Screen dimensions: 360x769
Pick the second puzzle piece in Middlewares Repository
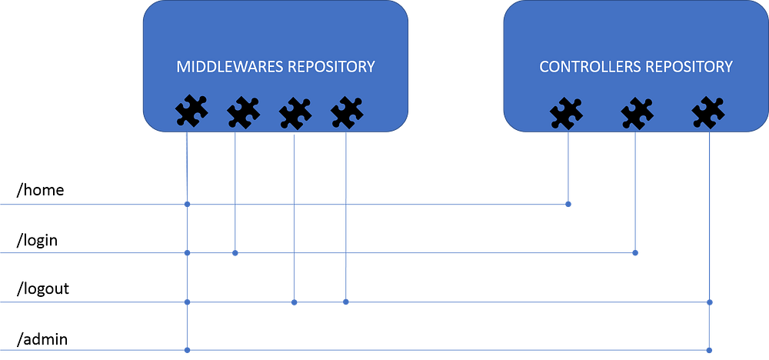click(243, 113)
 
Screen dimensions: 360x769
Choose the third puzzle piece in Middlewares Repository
click(295, 113)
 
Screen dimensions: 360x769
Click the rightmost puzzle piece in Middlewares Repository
click(346, 113)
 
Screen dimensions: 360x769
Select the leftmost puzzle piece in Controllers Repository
click(566, 113)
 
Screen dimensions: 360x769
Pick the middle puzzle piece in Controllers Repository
click(637, 113)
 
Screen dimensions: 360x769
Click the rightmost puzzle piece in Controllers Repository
click(707, 113)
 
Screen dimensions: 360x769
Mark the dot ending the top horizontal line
click(568, 204)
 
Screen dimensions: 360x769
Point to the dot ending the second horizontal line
click(635, 252)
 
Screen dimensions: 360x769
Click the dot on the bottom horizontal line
click(188, 351)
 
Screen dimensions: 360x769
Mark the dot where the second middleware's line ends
click(235, 253)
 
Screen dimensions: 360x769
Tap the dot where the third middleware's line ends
click(294, 302)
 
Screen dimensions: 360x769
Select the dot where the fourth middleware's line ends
click(345, 302)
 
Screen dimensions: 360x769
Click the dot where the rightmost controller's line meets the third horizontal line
click(710, 302)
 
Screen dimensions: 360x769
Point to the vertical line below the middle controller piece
click(635, 192)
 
